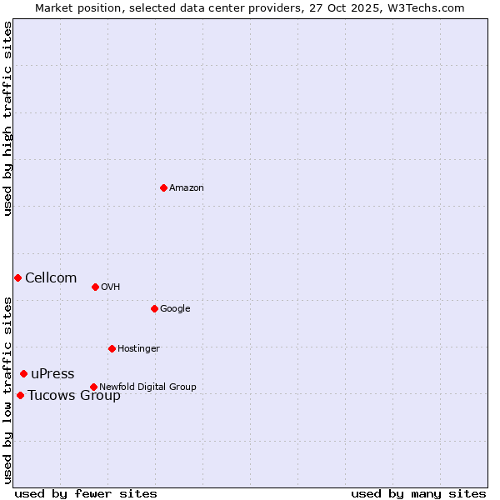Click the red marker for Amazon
click(x=163, y=187)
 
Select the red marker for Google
click(x=154, y=308)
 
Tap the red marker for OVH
click(x=95, y=287)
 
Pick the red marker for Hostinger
click(x=112, y=348)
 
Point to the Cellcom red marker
click(x=17, y=277)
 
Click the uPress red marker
click(x=23, y=373)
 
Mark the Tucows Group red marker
click(x=20, y=395)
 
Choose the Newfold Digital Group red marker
click(x=93, y=387)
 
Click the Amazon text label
click(x=187, y=187)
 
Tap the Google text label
click(x=175, y=308)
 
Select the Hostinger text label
click(x=138, y=348)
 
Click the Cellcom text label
click(x=51, y=277)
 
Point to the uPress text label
click(x=52, y=373)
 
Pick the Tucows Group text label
click(x=74, y=395)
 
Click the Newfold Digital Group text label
click(x=147, y=387)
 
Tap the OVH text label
click(x=111, y=287)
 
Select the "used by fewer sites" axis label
click(x=86, y=493)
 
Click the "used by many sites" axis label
click(x=418, y=493)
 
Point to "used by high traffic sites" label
click(x=7, y=118)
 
